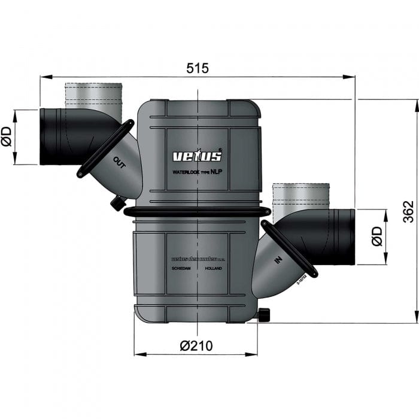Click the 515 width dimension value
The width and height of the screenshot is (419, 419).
197,68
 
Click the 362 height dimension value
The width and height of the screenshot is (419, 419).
407,211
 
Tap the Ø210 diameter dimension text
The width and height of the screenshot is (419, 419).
196,345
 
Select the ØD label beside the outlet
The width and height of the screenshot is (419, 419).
7,138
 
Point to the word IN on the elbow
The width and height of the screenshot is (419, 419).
277,261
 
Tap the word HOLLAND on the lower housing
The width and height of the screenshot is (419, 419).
212,269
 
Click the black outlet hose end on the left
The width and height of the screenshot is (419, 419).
57,136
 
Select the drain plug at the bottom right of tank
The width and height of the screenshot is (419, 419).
265,315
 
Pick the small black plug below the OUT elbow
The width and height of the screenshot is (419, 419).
115,204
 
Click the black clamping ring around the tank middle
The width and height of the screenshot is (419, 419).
197,211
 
